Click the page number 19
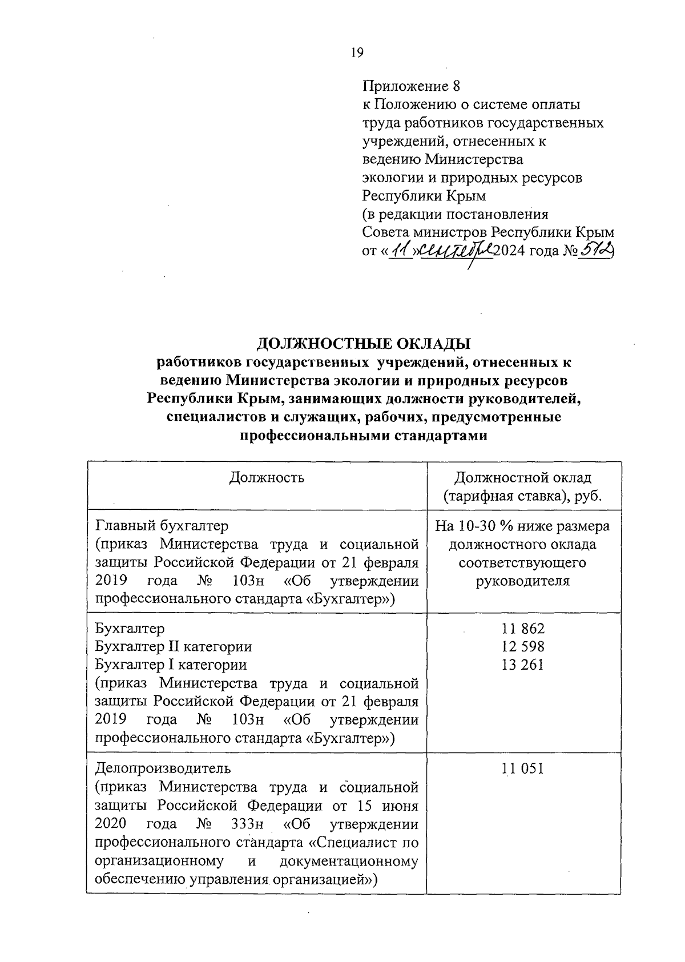point(357,53)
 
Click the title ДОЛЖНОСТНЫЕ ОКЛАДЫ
point(364,344)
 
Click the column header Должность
point(267,477)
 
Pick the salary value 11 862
point(523,629)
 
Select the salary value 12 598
point(523,646)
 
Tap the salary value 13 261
point(523,665)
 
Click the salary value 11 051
point(523,768)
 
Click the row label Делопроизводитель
point(163,768)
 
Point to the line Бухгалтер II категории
point(174,646)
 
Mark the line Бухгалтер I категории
point(171,665)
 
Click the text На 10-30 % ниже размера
point(522,525)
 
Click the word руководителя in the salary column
point(522,581)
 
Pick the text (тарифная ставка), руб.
point(523,496)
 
